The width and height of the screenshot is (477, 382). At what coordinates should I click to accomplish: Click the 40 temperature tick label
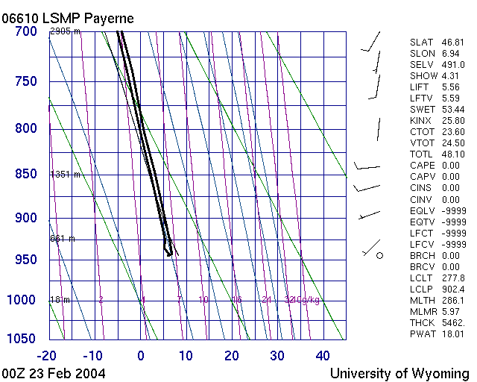[x=323, y=355]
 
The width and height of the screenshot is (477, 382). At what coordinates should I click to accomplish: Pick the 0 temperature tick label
[x=141, y=355]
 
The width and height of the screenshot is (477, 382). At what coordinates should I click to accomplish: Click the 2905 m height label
[x=65, y=31]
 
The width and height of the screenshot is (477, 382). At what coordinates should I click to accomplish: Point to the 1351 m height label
[x=65, y=175]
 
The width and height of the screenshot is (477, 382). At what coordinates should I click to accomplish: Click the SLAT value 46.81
[x=452, y=43]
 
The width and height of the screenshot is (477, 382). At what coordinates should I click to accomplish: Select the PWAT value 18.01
[x=452, y=334]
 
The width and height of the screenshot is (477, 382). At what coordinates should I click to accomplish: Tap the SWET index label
[x=423, y=110]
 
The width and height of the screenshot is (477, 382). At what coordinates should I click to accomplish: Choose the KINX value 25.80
[x=452, y=121]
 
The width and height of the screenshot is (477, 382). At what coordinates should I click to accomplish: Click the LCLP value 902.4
[x=452, y=289]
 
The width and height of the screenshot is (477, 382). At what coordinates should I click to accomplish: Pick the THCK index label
[x=423, y=322]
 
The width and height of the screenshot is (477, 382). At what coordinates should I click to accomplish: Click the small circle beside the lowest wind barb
[x=379, y=256]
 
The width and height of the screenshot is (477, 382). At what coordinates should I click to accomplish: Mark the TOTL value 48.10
[x=452, y=154]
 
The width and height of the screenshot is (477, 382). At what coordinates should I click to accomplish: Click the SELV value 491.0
[x=452, y=65]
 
